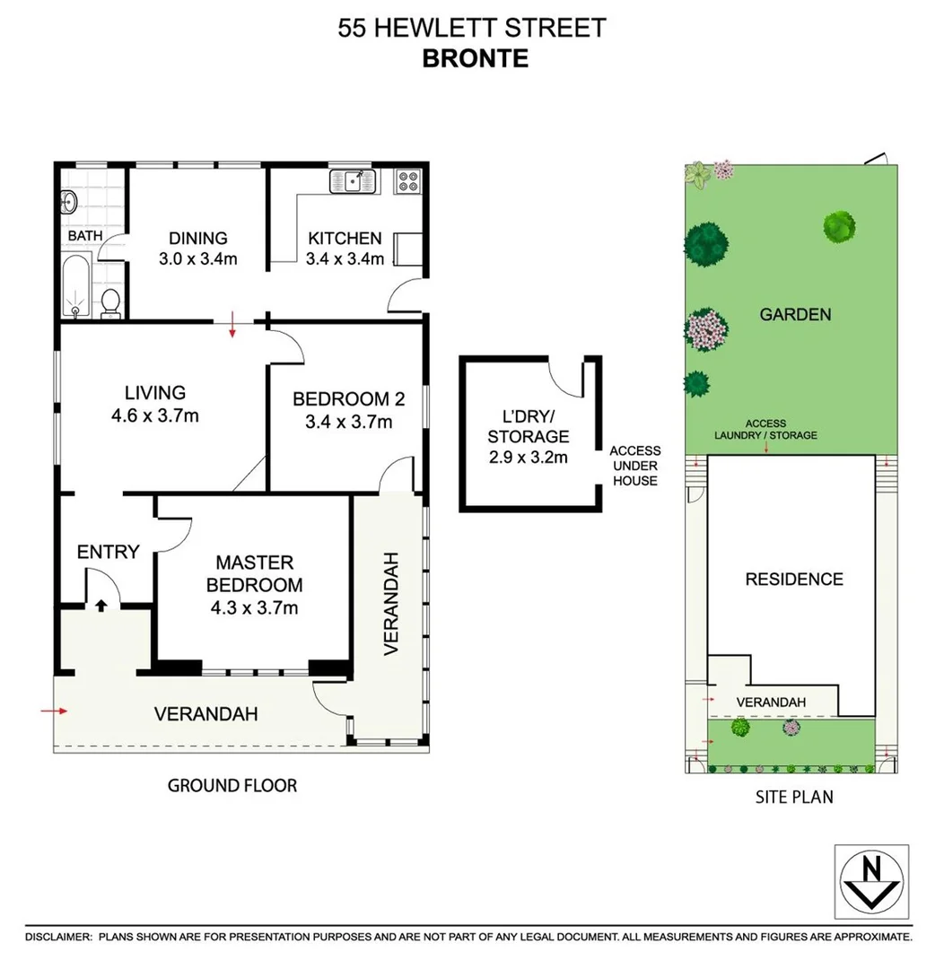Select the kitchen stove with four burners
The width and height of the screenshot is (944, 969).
(407, 181)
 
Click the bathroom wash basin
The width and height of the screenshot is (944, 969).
(68, 202)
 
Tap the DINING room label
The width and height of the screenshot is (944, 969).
(198, 238)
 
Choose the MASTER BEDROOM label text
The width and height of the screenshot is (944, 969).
(254, 573)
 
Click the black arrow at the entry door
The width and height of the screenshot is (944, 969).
(100, 606)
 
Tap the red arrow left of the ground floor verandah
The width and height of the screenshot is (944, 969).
(55, 711)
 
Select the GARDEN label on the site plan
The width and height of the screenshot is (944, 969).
(795, 314)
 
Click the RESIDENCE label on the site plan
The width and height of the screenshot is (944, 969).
(794, 580)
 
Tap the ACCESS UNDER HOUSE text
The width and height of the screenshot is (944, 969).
(634, 466)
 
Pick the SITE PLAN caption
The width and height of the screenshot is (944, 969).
(793, 796)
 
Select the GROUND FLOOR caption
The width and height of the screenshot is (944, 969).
(232, 785)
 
